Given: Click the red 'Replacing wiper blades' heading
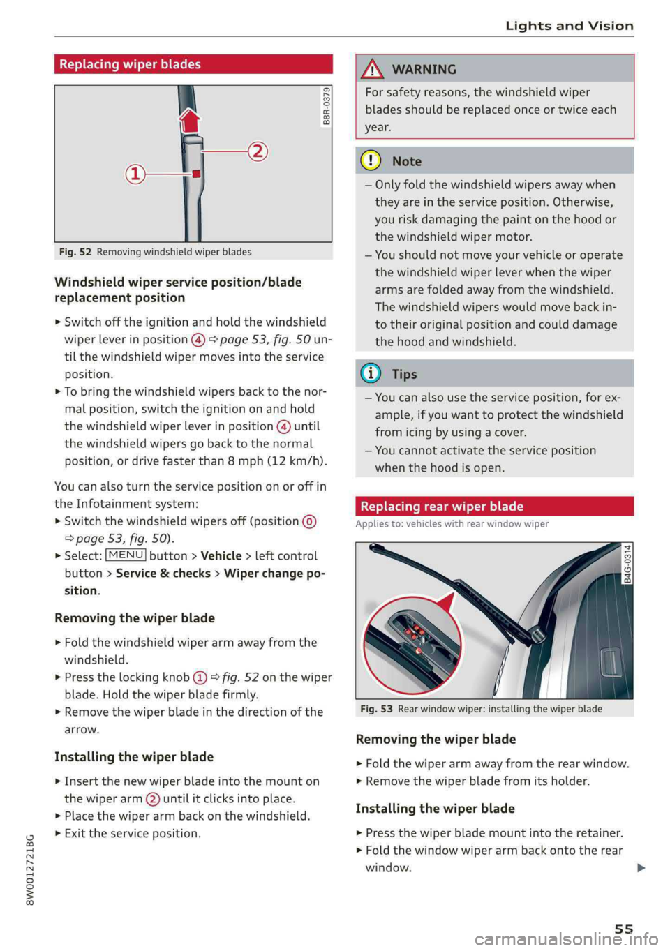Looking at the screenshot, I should click(130, 64).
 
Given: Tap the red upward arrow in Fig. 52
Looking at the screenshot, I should click(190, 120).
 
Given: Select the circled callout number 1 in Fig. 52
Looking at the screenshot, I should click(135, 174).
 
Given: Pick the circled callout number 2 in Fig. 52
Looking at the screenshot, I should click(258, 151).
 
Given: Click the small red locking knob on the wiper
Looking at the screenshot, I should click(197, 174).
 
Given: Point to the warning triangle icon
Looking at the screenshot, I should click(372, 69).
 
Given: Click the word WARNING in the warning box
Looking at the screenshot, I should click(424, 70).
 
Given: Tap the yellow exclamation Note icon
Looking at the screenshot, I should click(371, 161).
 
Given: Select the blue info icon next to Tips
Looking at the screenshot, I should click(371, 374).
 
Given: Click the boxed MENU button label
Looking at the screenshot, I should click(126, 555).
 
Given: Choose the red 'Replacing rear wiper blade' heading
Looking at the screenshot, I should click(442, 507).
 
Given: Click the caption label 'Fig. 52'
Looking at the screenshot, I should click(75, 252).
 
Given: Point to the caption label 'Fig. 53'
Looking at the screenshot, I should click(376, 709).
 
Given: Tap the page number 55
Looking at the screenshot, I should click(624, 929).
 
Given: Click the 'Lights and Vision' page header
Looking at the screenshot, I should click(569, 26).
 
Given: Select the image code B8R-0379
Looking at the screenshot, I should click(327, 106).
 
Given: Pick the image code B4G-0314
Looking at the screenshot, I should click(628, 564).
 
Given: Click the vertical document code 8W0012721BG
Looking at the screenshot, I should click(29, 869).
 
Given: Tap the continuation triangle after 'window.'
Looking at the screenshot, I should click(641, 868).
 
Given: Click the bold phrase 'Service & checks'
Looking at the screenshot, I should click(163, 574).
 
